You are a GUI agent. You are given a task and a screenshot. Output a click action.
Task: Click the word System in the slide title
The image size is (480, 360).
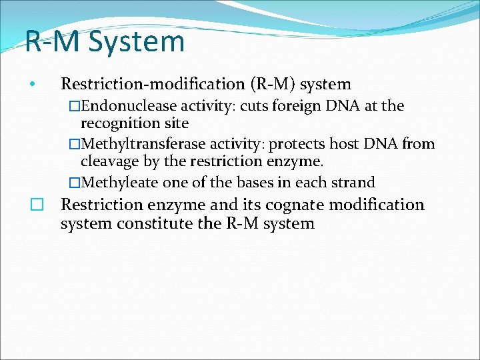tap(136, 41)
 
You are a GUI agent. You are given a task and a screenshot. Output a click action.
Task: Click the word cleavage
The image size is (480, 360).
tap(105, 161)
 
